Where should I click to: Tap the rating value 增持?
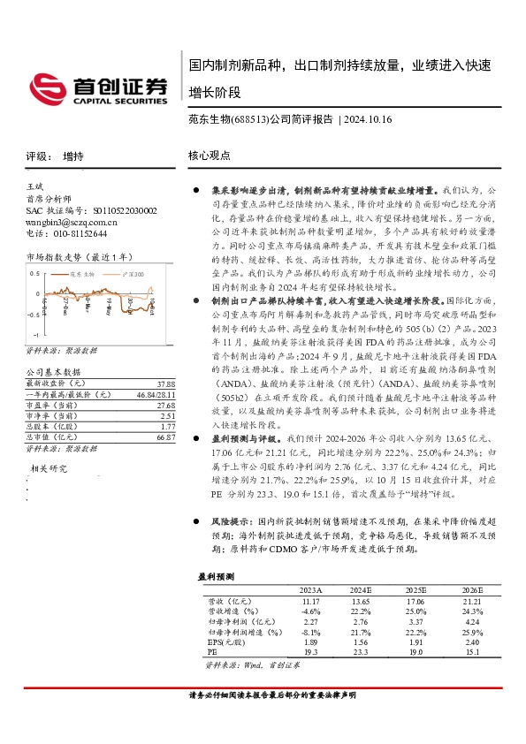[x=73, y=156]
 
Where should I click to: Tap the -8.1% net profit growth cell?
[x=310, y=632]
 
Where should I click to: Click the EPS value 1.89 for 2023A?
[x=310, y=642]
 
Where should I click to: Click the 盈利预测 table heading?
[x=217, y=576]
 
